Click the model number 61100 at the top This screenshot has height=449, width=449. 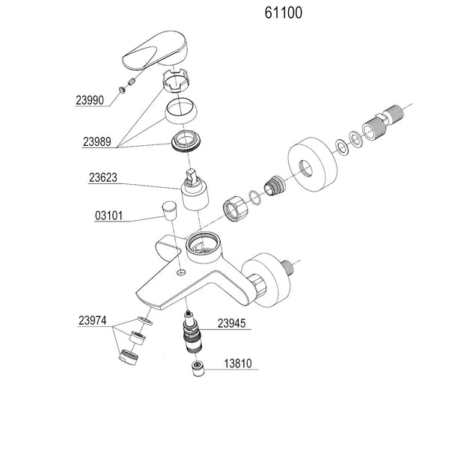coord(284,13)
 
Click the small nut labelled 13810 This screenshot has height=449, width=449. coord(198,368)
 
